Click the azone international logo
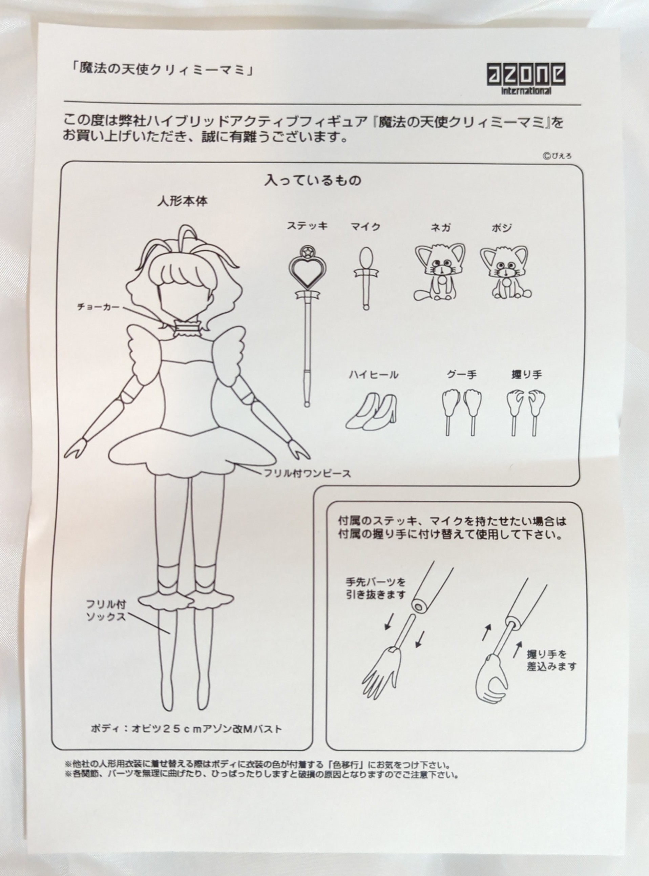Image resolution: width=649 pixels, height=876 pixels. point(526,79)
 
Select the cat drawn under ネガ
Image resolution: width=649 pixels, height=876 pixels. point(439,272)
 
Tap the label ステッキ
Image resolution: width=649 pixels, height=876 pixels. point(307,226)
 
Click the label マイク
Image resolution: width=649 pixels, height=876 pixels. point(365,227)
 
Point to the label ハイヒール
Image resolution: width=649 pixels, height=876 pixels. point(373,375)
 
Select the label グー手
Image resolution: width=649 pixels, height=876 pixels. point(462,374)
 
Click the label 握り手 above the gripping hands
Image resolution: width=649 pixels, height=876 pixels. point(526,375)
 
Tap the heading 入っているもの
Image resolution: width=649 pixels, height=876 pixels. point(313,180)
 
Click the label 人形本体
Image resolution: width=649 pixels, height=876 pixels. point(182,202)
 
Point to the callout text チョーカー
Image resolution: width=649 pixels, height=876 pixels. point(98,307)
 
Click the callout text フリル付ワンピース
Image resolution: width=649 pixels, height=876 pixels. point(307,473)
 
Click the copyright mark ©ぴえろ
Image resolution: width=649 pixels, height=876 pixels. point(557,156)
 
